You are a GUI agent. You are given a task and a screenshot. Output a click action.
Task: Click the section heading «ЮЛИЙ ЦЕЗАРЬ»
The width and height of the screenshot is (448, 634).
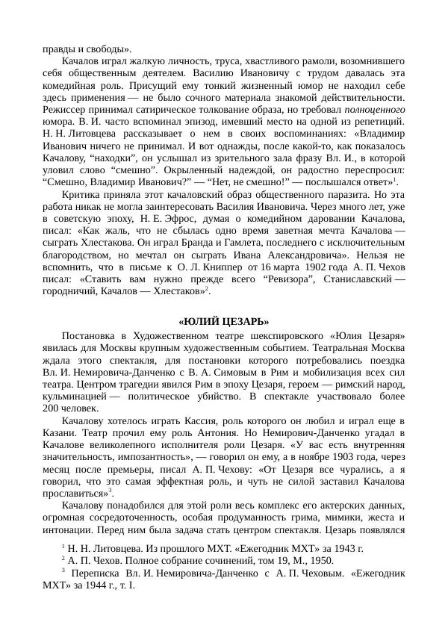click(x=224, y=322)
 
